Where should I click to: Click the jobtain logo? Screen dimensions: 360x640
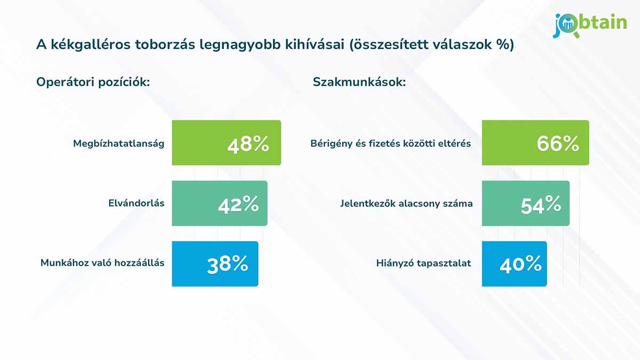pyautogui.click(x=589, y=25)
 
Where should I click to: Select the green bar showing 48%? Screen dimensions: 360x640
pyautogui.click(x=226, y=143)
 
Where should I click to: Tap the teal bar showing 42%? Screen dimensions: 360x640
pyautogui.click(x=219, y=203)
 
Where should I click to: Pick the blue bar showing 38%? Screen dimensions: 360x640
pyautogui.click(x=215, y=264)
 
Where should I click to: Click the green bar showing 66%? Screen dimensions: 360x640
pyautogui.click(x=535, y=143)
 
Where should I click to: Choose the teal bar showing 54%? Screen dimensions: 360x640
pyautogui.click(x=525, y=203)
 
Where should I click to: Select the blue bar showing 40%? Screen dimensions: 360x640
pyautogui.click(x=514, y=264)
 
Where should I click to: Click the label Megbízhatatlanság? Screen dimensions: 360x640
pyautogui.click(x=119, y=143)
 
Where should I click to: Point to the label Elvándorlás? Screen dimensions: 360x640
pyautogui.click(x=137, y=204)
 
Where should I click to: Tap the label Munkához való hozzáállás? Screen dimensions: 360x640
pyautogui.click(x=102, y=263)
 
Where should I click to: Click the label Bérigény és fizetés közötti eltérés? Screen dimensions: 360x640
pyautogui.click(x=390, y=143)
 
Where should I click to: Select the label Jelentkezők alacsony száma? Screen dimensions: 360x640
pyautogui.click(x=406, y=204)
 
